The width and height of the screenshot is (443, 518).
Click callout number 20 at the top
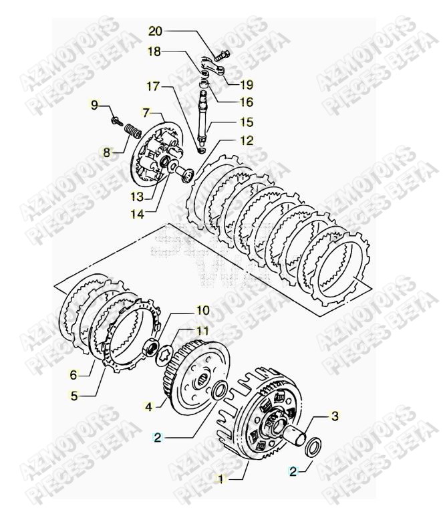(x=154, y=31)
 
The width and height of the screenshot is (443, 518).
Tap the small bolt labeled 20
(x=223, y=51)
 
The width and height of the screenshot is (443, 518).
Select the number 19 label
(x=247, y=84)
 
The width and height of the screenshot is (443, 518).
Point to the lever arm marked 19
(x=218, y=69)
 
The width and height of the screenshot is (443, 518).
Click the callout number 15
(x=247, y=122)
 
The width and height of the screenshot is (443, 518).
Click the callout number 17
(x=154, y=86)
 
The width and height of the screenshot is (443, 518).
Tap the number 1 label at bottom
(x=220, y=478)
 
